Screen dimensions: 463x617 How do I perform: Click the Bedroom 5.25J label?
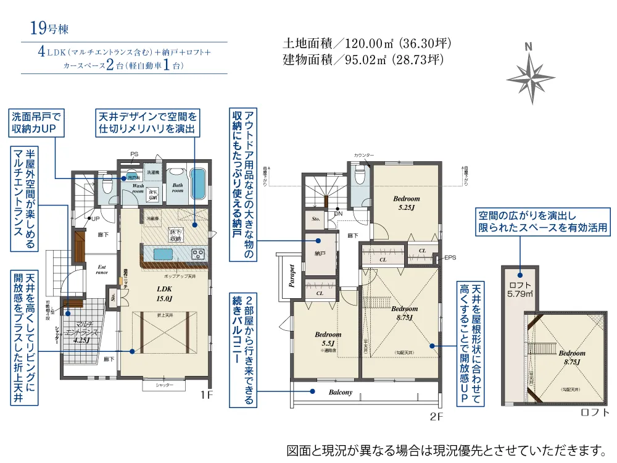coord(406,204)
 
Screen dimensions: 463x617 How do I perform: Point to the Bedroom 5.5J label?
coord(328,339)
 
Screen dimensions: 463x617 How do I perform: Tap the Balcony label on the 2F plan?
coord(341,392)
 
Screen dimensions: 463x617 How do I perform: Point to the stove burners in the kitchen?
coord(198,254)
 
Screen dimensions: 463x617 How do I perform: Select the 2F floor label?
coord(436,417)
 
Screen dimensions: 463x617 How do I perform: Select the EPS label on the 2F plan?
coord(450,257)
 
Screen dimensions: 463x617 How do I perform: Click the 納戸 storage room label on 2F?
coord(320,253)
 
